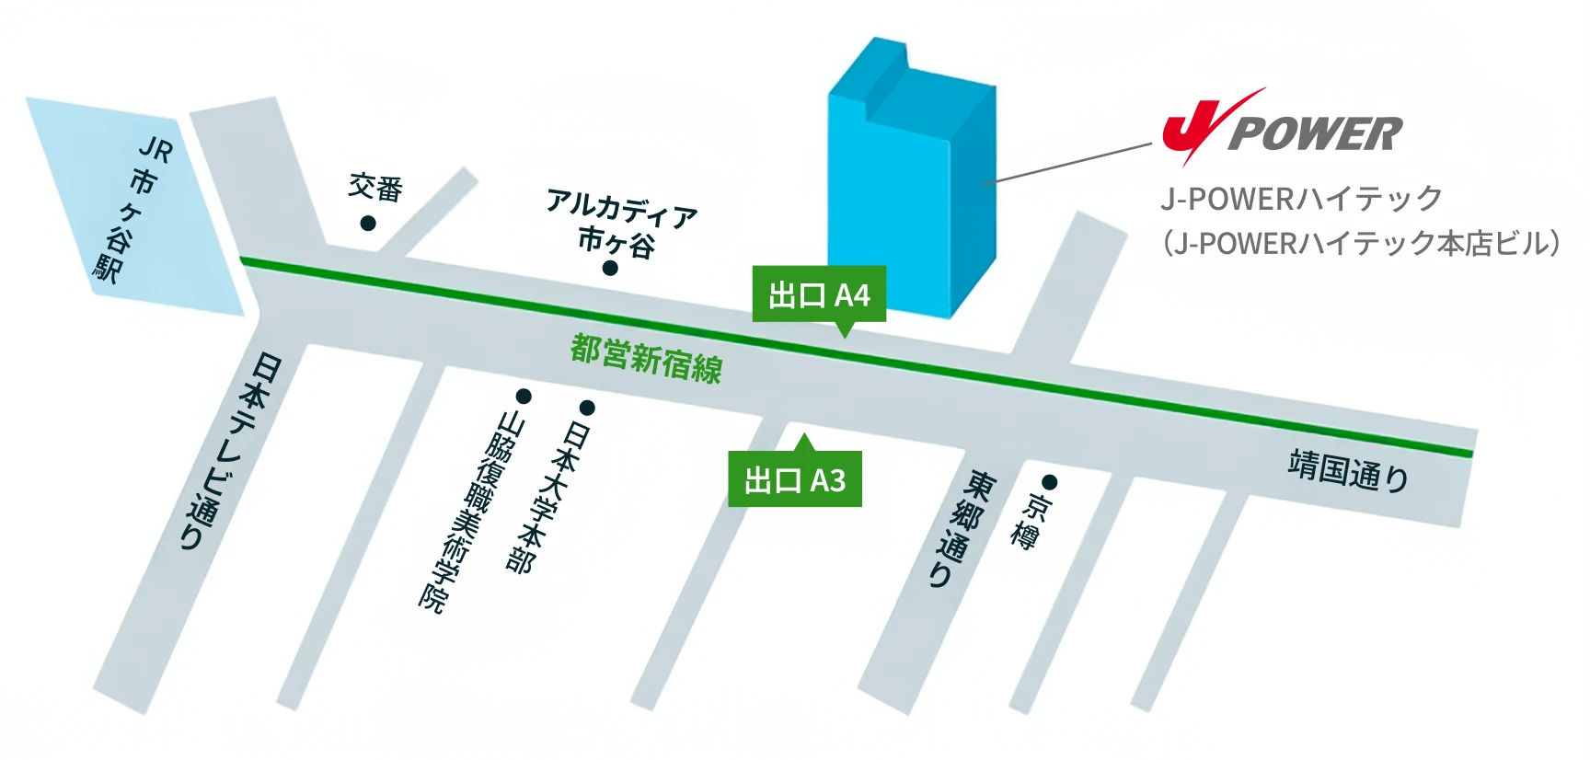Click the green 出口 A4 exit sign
819,295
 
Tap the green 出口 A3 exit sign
795,479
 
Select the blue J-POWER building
911,184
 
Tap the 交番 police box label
375,188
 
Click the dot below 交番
367,223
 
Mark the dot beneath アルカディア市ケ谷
609,268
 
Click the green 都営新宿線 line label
647,358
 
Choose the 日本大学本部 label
548,497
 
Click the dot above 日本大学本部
586,408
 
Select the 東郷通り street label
962,529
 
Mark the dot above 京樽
1049,482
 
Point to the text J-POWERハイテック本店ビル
1361,243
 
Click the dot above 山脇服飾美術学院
524,397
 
